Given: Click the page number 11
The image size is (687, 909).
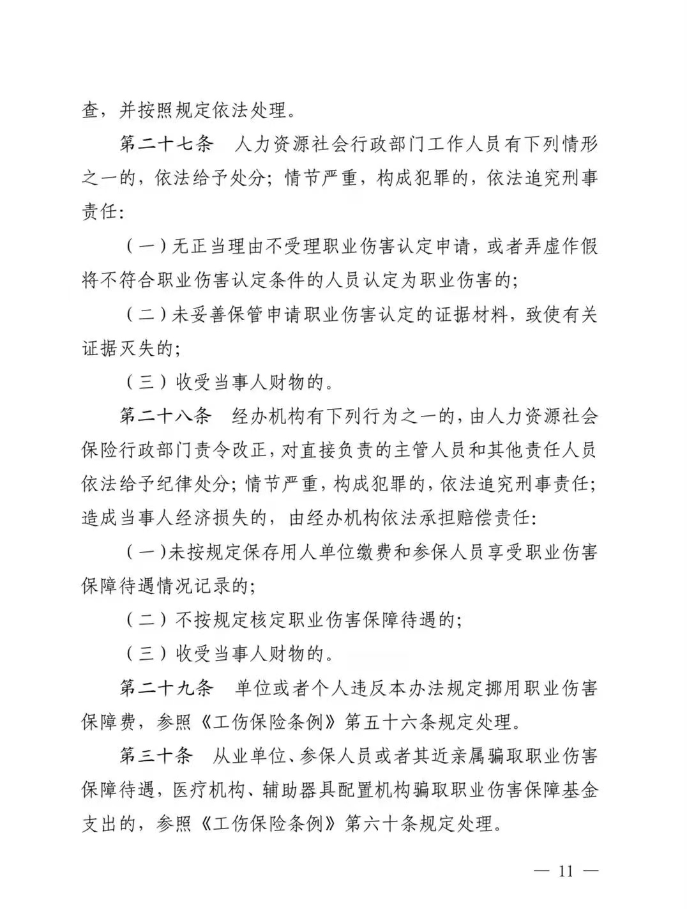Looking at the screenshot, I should coord(566,871).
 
